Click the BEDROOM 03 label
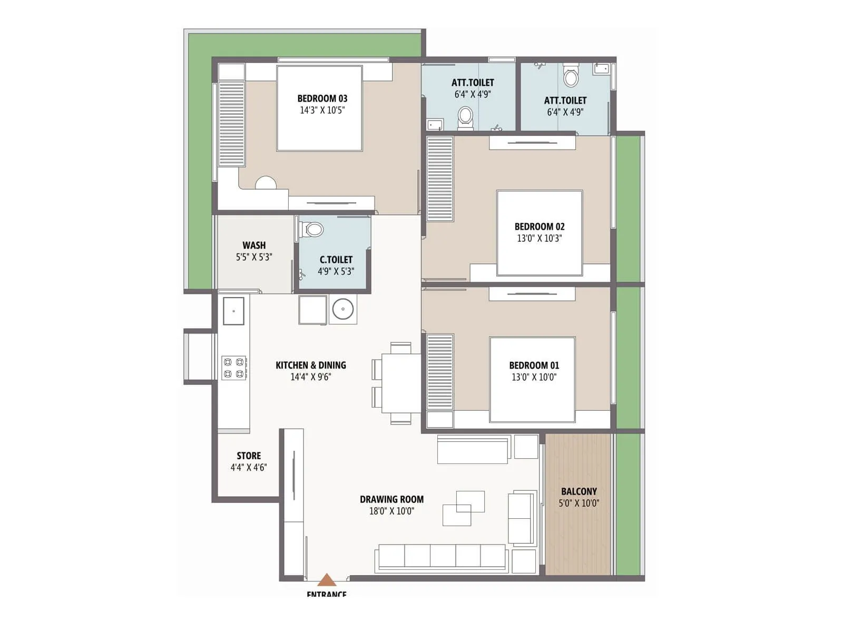[322, 98]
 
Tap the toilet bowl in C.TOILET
[313, 230]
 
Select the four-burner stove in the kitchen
[234, 368]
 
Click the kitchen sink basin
[233, 311]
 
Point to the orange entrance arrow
[327, 580]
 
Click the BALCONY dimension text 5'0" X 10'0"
[579, 503]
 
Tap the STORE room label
[249, 456]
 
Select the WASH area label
[254, 245]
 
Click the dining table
[401, 383]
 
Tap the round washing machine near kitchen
[343, 309]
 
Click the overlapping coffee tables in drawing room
[464, 508]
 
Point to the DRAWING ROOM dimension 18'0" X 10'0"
[391, 511]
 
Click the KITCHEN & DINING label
[311, 365]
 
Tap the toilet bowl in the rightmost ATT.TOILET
[571, 77]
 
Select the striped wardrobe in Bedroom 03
[232, 123]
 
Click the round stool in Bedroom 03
[266, 183]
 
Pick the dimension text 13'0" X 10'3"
[539, 238]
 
